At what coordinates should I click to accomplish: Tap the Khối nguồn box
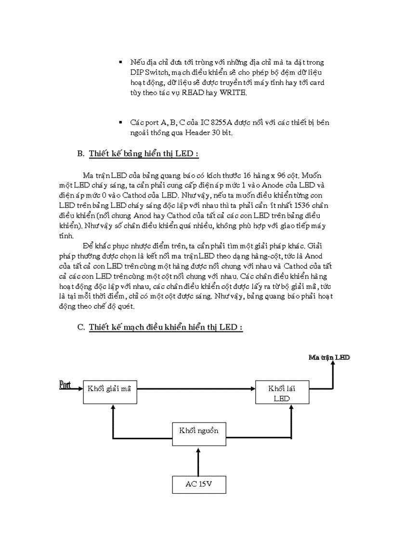[199, 430]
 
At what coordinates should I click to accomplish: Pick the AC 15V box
[199, 484]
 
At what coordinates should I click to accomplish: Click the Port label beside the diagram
[65, 384]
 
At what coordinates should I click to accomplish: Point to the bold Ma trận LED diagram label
[329, 357]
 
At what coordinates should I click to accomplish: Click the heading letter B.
[80, 154]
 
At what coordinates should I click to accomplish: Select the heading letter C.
[80, 327]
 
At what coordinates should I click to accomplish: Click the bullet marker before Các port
[120, 123]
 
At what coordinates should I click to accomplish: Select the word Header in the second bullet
[195, 133]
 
